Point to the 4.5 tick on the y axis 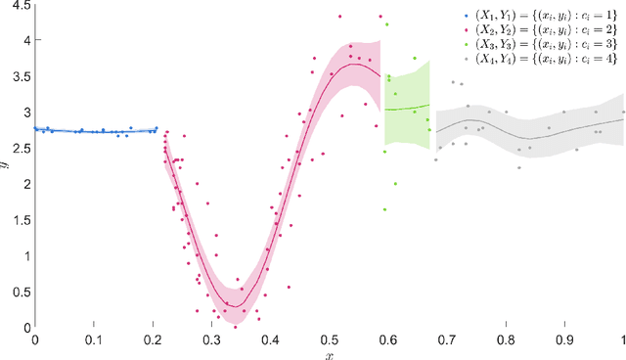click(x=35, y=5)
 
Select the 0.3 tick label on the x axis click(x=211, y=339)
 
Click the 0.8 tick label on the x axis click(x=506, y=339)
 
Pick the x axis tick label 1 click(x=623, y=339)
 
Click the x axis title click(x=330, y=354)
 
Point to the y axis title click(x=6, y=165)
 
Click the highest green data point click(x=387, y=23)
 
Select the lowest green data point click(x=384, y=209)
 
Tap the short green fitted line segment click(x=407, y=108)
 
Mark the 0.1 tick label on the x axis click(x=94, y=339)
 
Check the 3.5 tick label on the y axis click(x=22, y=76)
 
